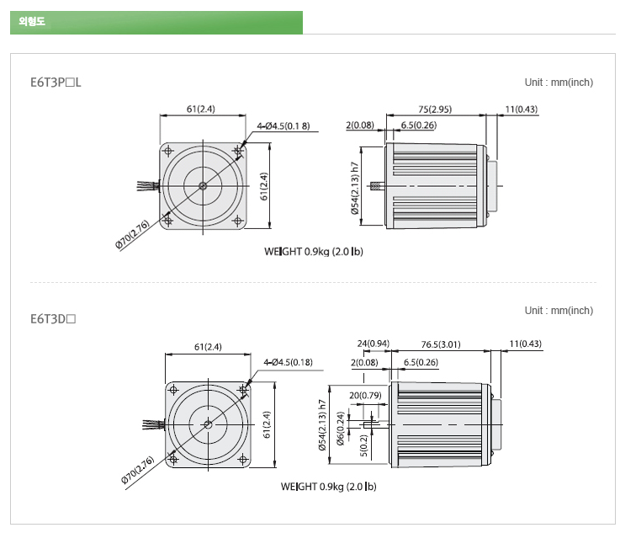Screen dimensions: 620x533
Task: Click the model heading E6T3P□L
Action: pyautogui.click(x=56, y=83)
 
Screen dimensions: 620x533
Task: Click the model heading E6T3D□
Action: pyautogui.click(x=53, y=319)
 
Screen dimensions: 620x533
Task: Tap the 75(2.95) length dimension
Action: pyautogui.click(x=435, y=109)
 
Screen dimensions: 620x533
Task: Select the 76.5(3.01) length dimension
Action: pyautogui.click(x=441, y=344)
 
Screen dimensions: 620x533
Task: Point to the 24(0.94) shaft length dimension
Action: pyautogui.click(x=374, y=344)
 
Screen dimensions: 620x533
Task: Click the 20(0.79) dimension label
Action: pyautogui.click(x=365, y=395)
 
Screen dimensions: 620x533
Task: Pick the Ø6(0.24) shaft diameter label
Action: pyautogui.click(x=341, y=429)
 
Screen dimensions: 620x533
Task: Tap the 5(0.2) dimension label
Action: pyautogui.click(x=364, y=445)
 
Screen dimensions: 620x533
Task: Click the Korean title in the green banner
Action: pyautogui.click(x=32, y=21)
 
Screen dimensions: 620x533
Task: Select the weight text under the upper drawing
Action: pyautogui.click(x=314, y=252)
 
